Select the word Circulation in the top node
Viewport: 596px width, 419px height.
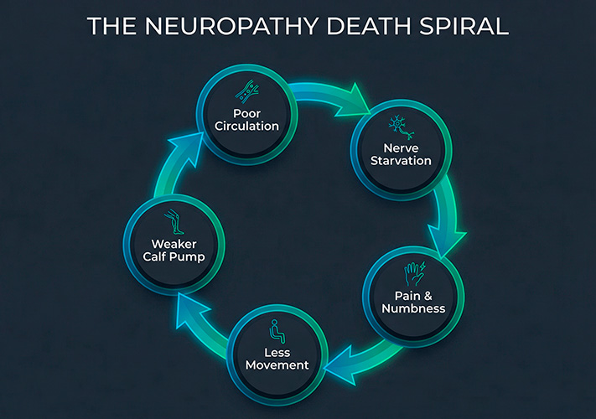(246, 127)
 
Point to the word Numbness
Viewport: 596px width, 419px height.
(414, 308)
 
